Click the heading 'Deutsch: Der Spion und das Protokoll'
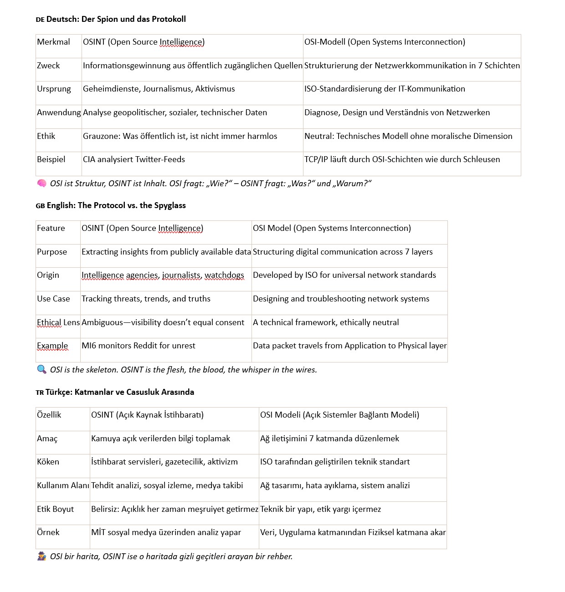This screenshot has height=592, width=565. tap(116, 19)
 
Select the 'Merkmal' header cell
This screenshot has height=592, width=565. tap(53, 42)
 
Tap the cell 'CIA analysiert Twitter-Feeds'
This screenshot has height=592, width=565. tap(134, 159)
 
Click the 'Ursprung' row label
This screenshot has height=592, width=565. tap(54, 89)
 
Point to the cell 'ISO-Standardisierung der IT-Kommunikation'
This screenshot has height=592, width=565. tap(385, 89)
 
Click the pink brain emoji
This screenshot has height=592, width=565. tap(41, 184)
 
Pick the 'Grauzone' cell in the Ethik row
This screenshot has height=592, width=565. tap(180, 136)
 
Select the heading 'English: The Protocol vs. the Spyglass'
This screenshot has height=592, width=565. tap(116, 205)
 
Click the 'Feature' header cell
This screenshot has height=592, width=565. tap(51, 228)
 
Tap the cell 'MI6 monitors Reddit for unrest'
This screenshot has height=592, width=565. tap(138, 346)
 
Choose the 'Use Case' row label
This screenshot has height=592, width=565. tap(53, 299)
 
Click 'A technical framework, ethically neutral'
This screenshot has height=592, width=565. tap(326, 322)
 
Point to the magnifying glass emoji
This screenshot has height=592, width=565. tap(41, 369)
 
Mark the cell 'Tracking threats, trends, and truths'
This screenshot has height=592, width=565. tap(146, 299)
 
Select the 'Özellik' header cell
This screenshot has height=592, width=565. tap(49, 415)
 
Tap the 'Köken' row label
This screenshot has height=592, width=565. tap(48, 462)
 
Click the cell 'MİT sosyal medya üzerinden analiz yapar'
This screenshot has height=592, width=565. tap(166, 532)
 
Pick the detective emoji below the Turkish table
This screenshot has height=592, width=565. tap(41, 556)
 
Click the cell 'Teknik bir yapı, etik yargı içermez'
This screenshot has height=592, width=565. tap(320, 509)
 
